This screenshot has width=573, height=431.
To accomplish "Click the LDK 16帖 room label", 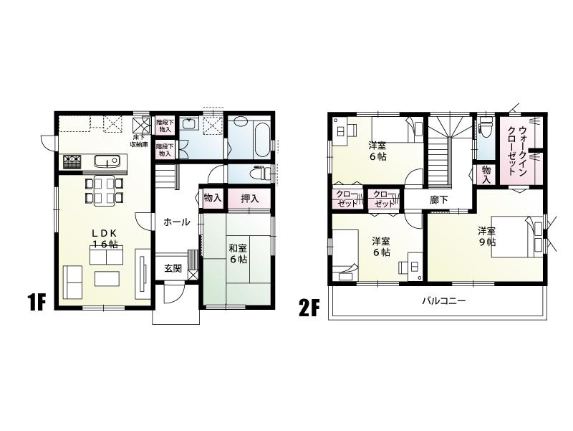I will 104,238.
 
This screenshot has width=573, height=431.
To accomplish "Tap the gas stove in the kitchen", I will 72,161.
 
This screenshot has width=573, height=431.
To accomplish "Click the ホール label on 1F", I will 176,222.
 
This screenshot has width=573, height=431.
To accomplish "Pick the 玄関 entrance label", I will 172,268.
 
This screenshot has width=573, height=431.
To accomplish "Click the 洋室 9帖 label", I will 487,237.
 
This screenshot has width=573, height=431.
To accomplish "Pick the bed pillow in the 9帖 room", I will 535,230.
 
